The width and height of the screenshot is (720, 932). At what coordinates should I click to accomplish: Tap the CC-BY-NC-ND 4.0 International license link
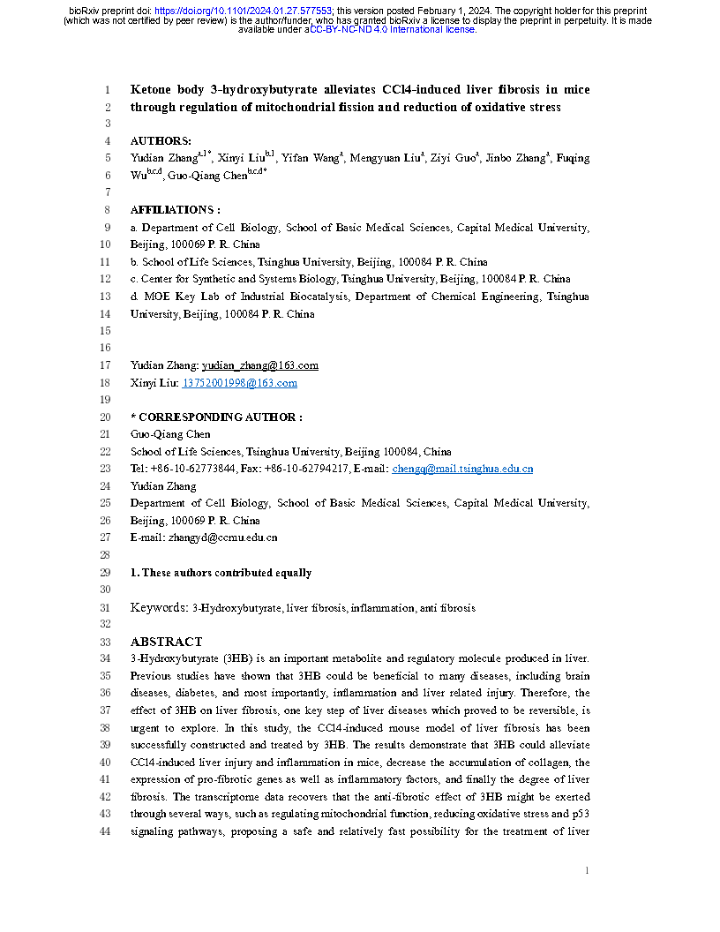coord(391,29)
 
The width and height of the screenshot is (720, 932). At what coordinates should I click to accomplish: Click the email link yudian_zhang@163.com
coord(260,365)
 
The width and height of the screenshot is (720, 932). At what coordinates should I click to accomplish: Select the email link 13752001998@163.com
coord(239,383)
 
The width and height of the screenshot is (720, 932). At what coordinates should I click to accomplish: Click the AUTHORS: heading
coord(161,141)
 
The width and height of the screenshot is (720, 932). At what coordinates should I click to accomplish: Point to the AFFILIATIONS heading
coord(175,210)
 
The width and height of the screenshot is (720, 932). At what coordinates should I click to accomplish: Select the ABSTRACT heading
coord(166,642)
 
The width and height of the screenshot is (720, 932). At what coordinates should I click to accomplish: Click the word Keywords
coord(158,607)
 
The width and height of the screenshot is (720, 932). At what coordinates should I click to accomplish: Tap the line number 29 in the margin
coord(106,573)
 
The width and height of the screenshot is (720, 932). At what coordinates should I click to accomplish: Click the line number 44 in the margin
coord(106,832)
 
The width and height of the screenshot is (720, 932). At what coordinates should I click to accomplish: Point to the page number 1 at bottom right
coord(586,871)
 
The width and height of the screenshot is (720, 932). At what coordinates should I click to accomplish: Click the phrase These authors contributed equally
coord(226,573)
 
